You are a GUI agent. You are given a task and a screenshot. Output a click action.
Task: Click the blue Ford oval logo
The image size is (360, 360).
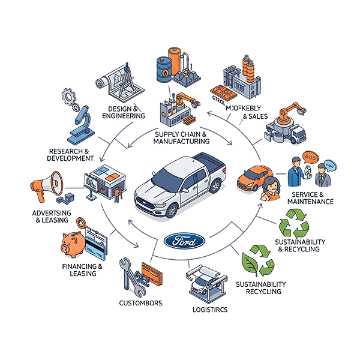pyautogui.click(x=184, y=241)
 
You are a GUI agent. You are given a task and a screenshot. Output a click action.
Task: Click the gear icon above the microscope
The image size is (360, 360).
pyautogui.click(x=70, y=96)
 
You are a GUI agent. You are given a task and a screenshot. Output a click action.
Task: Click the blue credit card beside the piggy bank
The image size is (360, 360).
pyautogui.click(x=95, y=247)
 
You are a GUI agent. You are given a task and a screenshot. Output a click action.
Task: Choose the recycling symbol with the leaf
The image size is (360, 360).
pyautogui.click(x=258, y=260)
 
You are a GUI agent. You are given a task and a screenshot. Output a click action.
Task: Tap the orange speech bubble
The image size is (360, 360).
pyautogui.click(x=310, y=157)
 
